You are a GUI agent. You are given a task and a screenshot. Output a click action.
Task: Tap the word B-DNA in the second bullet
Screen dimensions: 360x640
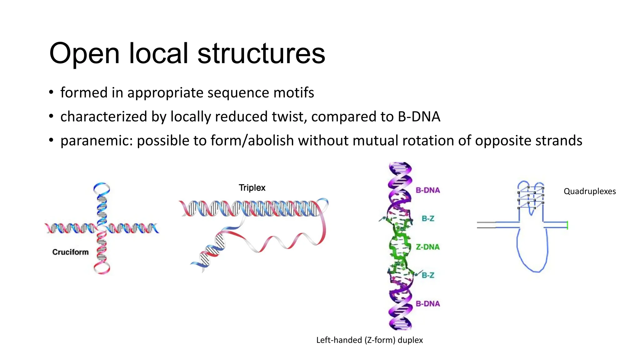[419, 117]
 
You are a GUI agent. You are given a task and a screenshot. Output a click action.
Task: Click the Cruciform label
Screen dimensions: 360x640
[70, 252]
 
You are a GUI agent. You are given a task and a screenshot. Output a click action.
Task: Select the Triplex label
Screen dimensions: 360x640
[252, 188]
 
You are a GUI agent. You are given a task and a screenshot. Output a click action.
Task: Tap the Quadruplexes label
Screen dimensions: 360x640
[589, 191]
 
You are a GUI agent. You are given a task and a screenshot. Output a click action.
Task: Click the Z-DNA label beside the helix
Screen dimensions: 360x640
[427, 247]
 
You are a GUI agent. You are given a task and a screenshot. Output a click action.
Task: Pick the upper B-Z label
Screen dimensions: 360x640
[428, 218]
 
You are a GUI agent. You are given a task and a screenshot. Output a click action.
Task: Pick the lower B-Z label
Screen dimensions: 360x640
[428, 275]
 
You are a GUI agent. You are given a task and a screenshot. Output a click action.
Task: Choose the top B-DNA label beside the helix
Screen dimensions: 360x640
[427, 190]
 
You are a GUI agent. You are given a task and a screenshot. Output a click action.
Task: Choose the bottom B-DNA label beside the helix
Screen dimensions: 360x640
[427, 304]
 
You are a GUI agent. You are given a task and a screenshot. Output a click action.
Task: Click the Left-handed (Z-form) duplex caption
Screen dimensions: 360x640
[369, 340]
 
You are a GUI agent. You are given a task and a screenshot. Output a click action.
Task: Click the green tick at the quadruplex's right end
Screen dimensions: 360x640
[567, 225]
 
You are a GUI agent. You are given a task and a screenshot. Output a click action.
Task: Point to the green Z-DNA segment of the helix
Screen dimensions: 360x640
[399, 247]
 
